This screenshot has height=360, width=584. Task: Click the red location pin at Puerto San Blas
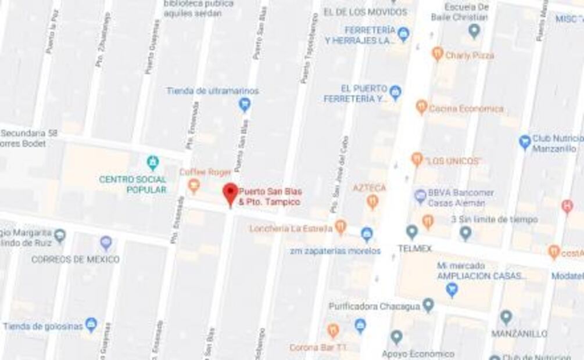[x=231, y=194]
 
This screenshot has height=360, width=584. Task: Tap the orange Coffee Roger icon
[x=194, y=186]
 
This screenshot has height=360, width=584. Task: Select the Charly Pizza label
[x=469, y=55]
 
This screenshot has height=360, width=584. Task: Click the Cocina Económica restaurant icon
[x=422, y=107]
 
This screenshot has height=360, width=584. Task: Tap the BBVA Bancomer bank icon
[x=421, y=196]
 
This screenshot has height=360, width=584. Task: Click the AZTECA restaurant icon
[x=372, y=201]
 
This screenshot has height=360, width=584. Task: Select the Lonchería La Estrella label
[x=291, y=228]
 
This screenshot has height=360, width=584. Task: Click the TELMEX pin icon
[x=412, y=232]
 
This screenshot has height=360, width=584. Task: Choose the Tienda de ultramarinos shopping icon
[x=245, y=105]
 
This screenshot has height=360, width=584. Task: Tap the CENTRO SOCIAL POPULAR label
[x=132, y=184]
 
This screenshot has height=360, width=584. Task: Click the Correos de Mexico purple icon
[x=106, y=243]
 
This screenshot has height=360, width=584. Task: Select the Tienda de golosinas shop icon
[x=91, y=325]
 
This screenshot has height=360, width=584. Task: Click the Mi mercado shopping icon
[x=452, y=289]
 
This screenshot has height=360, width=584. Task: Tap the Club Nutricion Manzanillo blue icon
[x=525, y=142]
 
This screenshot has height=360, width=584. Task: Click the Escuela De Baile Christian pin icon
[x=475, y=30]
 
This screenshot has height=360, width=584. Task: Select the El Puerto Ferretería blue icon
[x=395, y=92]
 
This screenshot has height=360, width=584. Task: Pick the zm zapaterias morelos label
[x=336, y=251]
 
